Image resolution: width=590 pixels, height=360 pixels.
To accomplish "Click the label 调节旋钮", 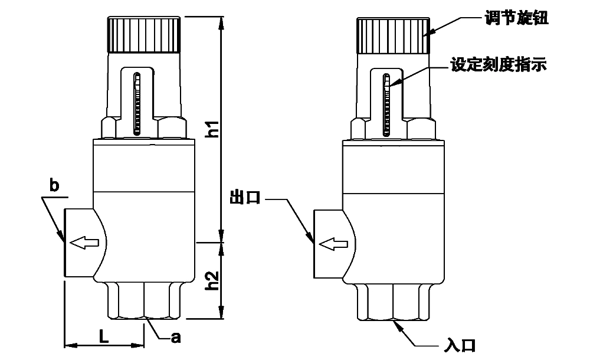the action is pyautogui.click(x=516, y=18).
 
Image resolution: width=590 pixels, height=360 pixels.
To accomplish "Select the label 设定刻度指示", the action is pyautogui.click(x=499, y=64).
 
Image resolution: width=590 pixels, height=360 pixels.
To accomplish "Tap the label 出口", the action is pyautogui.click(x=245, y=197).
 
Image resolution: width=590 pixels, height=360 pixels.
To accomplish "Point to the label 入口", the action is pyautogui.click(x=460, y=345).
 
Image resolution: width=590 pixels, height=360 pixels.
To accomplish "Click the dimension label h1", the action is pyautogui.click(x=214, y=129).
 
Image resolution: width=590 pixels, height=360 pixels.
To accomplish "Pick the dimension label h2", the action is pyautogui.click(x=214, y=280).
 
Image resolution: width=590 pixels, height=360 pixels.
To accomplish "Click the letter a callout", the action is pyautogui.click(x=176, y=338).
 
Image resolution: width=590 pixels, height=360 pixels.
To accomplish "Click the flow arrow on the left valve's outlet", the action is pyautogui.click(x=84, y=243).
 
